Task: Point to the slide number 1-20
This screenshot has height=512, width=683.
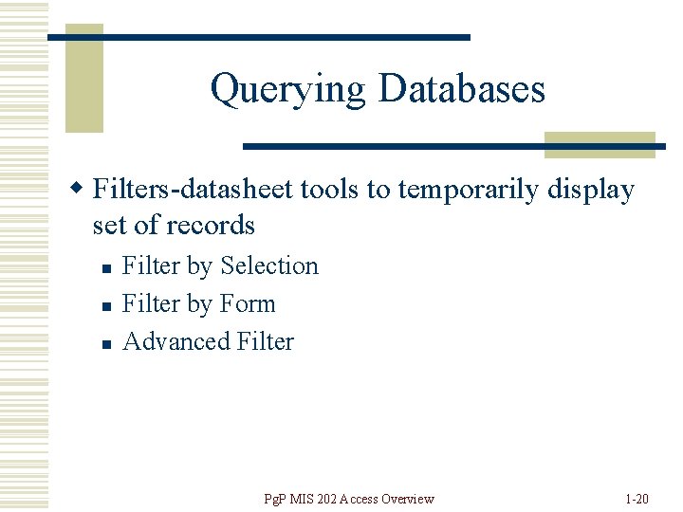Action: pyautogui.click(x=637, y=499)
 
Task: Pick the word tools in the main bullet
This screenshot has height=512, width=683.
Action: pyautogui.click(x=331, y=190)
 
